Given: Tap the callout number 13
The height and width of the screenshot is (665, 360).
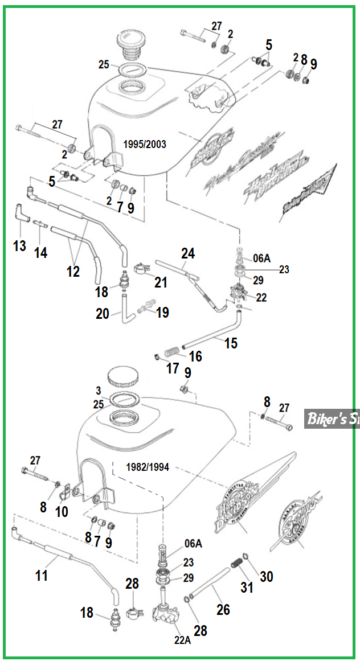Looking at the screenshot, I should pos(20,245).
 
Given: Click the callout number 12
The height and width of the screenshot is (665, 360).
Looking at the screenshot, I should pos(73,271).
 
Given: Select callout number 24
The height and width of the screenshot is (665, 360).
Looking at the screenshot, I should pos(188,253).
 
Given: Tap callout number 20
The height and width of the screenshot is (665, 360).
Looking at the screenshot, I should pos(103,313).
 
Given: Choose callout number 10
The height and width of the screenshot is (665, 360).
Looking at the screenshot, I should pos(62,511).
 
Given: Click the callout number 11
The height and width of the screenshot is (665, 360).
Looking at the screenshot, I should pos(42,575).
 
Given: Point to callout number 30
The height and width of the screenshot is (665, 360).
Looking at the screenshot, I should pos(266,576).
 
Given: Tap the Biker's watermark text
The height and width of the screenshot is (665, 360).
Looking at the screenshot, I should pos(333,419).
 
